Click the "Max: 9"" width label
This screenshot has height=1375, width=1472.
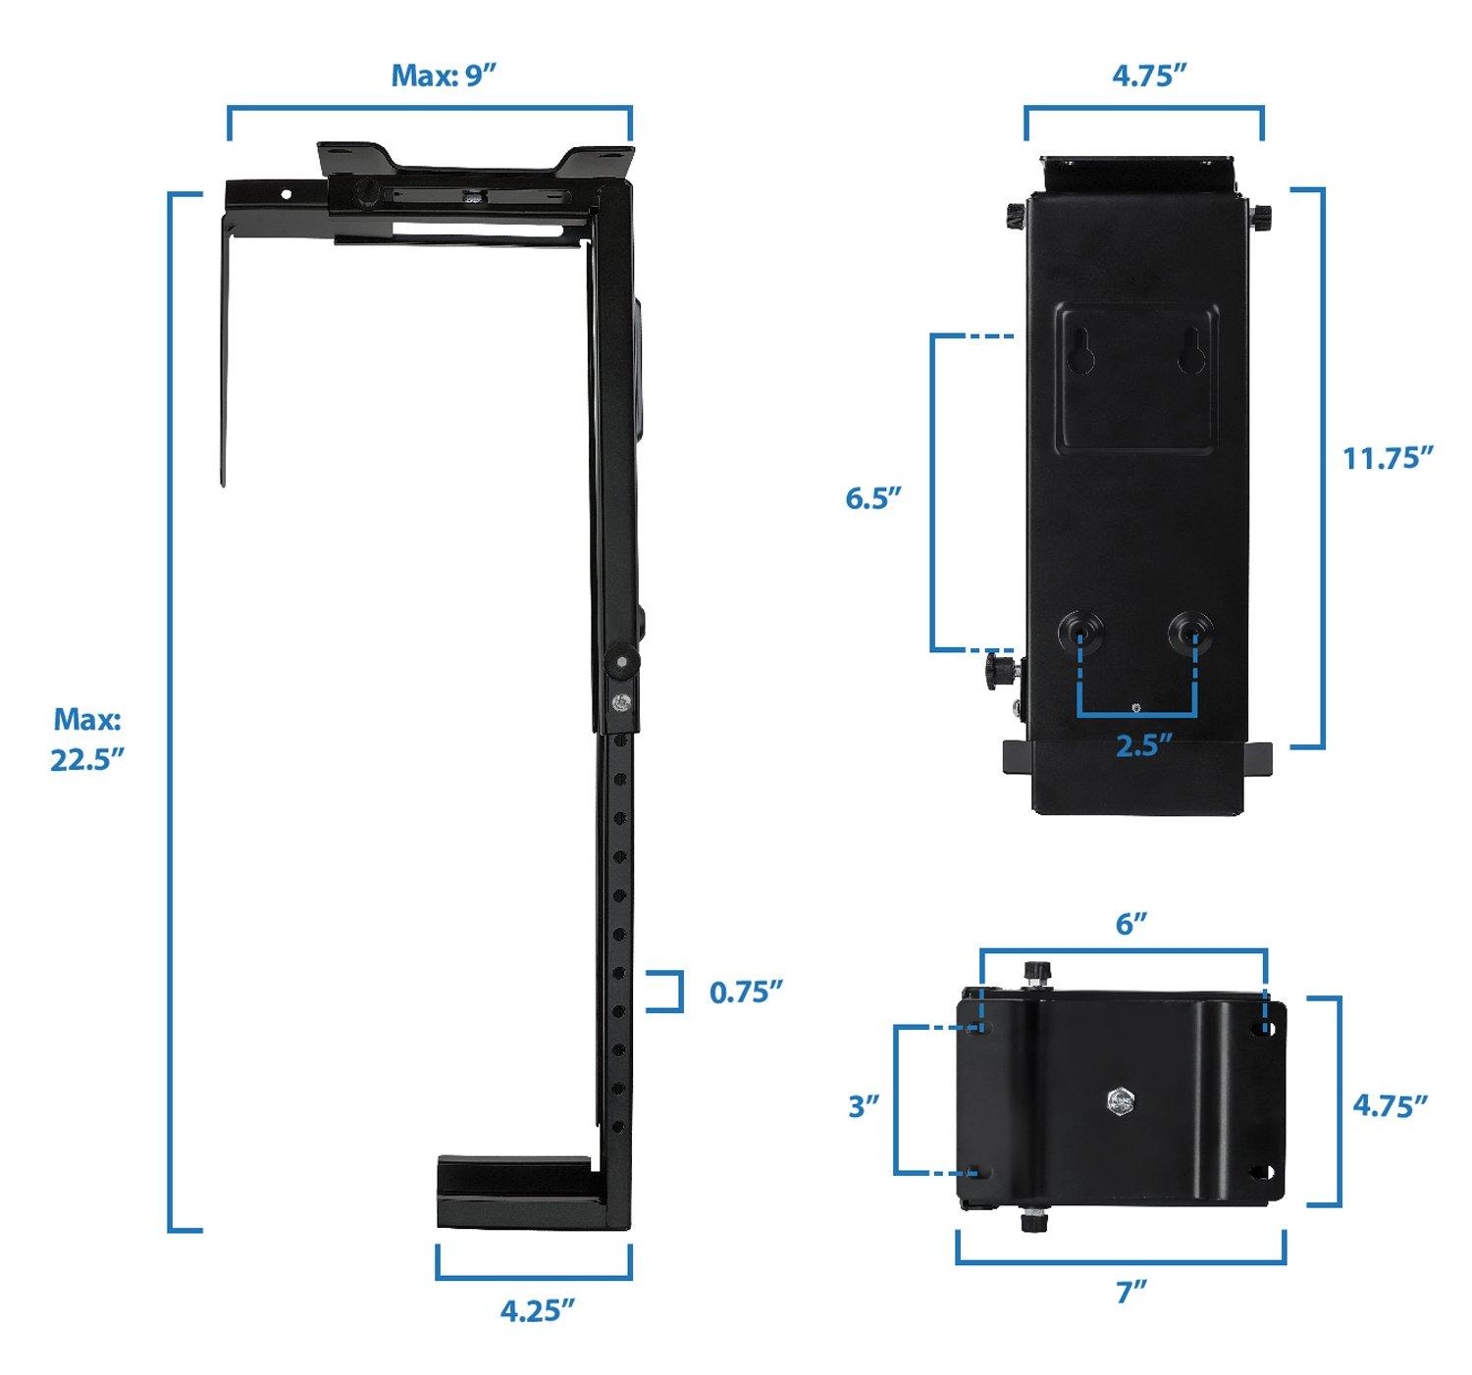tap(440, 76)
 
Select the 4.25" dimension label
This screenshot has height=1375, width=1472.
tap(536, 1310)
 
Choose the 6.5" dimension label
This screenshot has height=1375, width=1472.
tap(873, 498)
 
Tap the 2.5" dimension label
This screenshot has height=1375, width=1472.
tap(1145, 745)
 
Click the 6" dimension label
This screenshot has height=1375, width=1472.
tap(1131, 923)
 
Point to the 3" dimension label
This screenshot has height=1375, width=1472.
tap(863, 1106)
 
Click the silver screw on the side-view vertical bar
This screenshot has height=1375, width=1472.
tap(618, 702)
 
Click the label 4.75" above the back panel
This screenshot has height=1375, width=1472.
tap(1144, 76)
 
